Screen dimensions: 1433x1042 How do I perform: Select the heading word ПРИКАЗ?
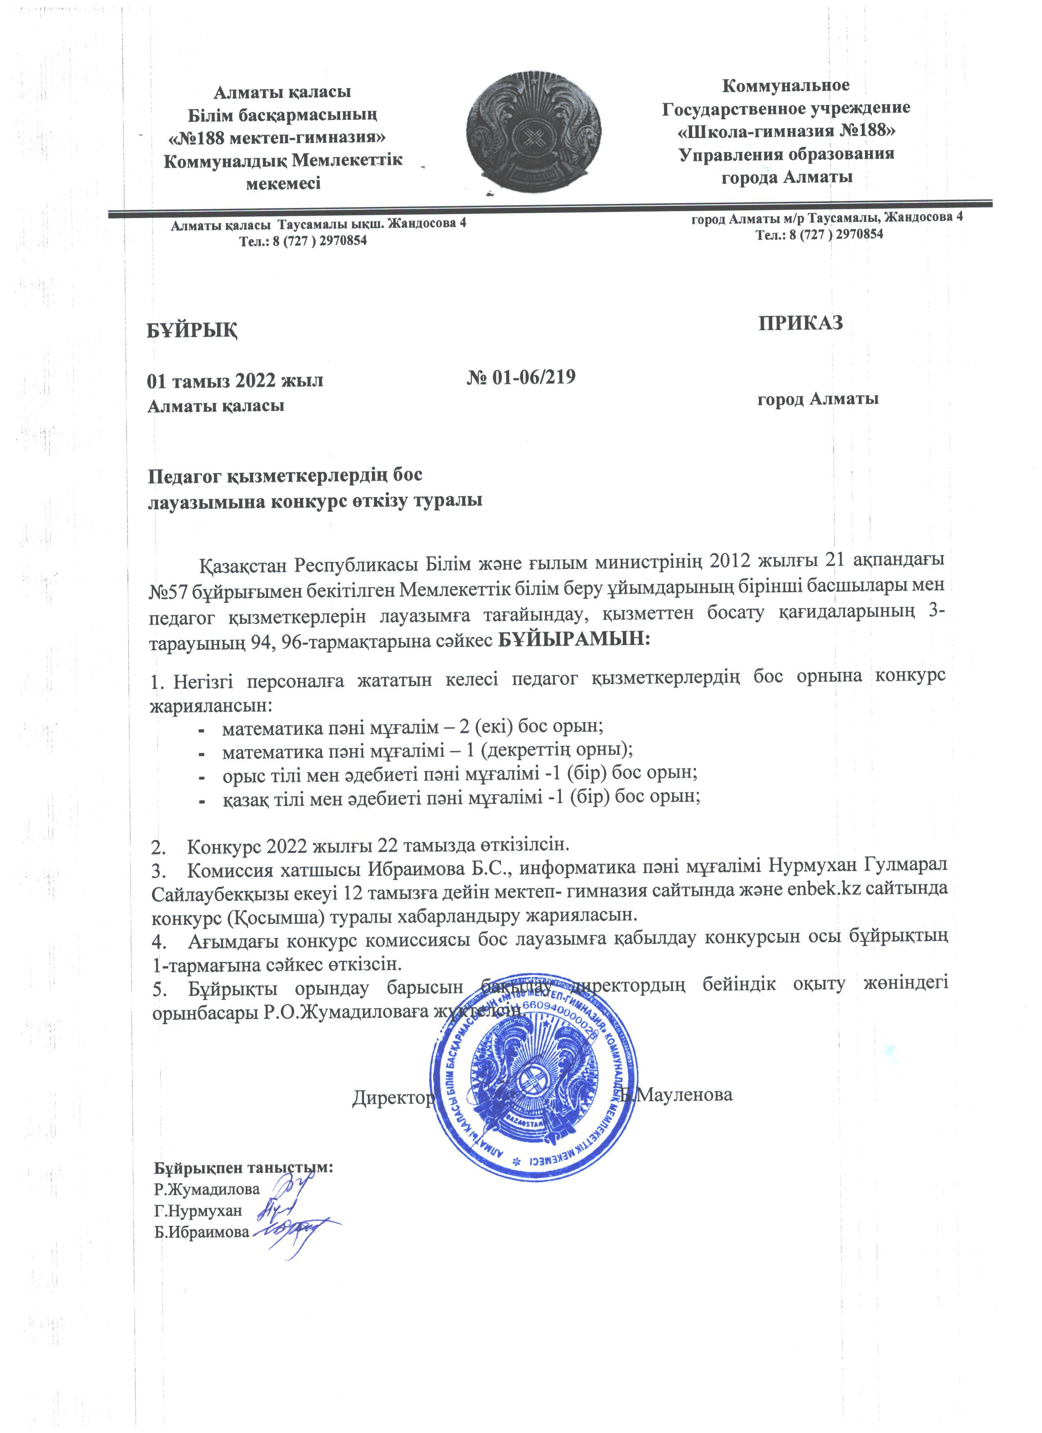pyautogui.click(x=800, y=323)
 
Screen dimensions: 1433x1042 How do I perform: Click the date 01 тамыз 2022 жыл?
pyautogui.click(x=235, y=381)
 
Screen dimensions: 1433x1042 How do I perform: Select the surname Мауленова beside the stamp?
pyautogui.click(x=683, y=1094)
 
